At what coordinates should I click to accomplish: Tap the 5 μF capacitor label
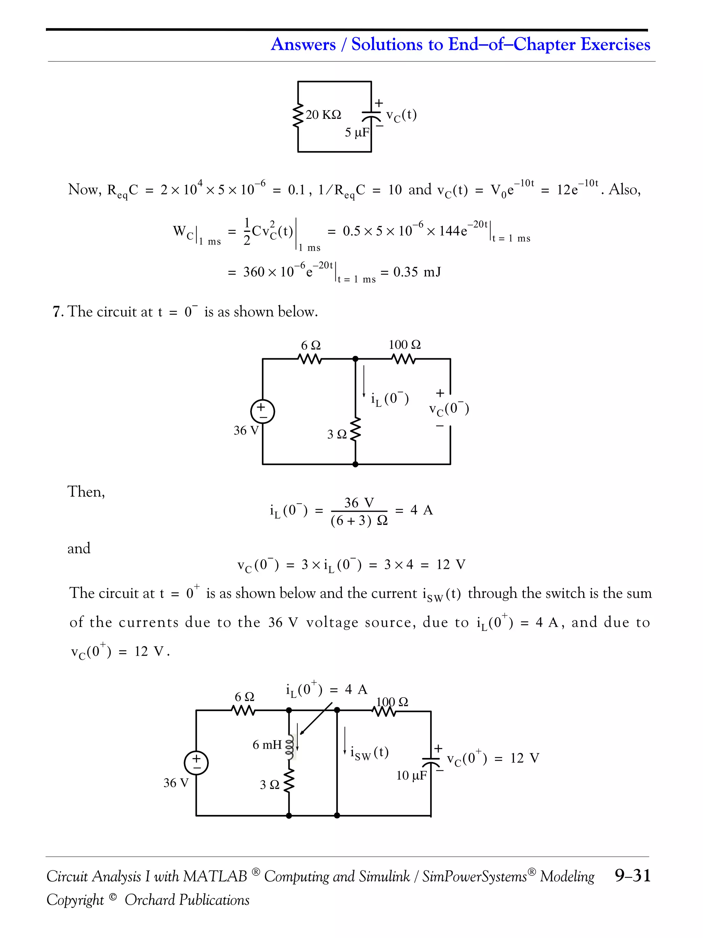pos(357,133)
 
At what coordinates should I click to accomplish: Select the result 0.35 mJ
pos(417,272)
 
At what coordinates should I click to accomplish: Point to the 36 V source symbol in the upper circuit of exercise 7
pos(263,411)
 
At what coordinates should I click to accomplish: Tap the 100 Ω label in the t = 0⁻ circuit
pos(405,345)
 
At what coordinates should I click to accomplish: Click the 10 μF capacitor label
pos(411,776)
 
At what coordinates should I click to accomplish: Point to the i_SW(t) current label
pos(369,752)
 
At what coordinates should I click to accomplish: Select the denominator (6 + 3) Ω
pos(359,521)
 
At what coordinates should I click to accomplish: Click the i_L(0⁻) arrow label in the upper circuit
pos(389,399)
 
